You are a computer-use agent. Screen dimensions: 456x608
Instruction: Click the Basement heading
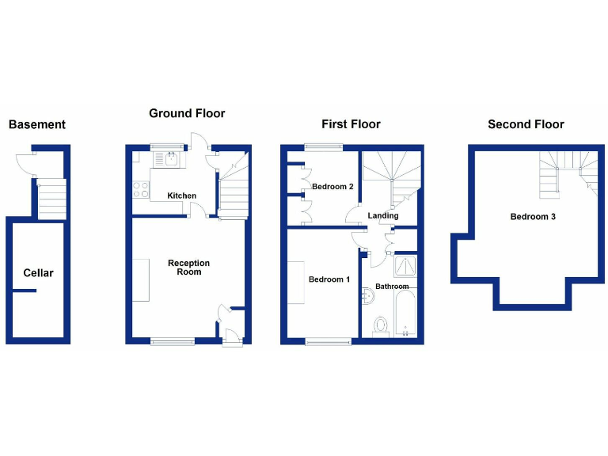(x=36, y=124)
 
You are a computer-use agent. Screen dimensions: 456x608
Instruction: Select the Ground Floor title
(x=187, y=113)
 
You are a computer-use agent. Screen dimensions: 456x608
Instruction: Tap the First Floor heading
(x=351, y=124)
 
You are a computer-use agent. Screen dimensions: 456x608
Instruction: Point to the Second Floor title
(x=526, y=124)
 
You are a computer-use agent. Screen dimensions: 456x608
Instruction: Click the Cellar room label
(x=38, y=273)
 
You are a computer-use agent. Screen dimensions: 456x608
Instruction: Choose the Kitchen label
(x=181, y=196)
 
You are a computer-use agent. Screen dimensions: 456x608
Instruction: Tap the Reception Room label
(x=189, y=268)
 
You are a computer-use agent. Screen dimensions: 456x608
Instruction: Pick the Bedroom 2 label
(x=332, y=187)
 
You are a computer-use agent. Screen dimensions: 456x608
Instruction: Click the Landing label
(x=382, y=215)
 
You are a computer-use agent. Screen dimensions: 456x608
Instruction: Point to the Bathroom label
(x=392, y=286)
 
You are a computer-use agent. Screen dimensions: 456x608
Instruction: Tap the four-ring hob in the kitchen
(x=141, y=189)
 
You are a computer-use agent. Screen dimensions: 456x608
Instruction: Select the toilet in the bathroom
(x=381, y=325)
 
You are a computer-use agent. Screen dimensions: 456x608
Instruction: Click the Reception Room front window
(x=173, y=341)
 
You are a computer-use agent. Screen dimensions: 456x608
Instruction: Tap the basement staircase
(x=52, y=199)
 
